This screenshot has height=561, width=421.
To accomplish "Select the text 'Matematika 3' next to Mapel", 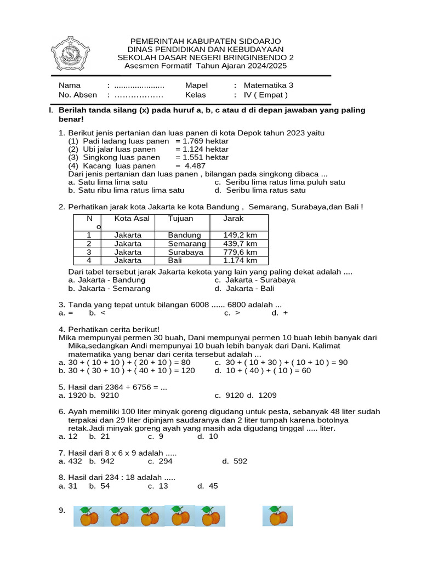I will point(269,85).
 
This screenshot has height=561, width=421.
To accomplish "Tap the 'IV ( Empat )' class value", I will point(265,95).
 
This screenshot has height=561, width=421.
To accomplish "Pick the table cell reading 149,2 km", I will point(240,235).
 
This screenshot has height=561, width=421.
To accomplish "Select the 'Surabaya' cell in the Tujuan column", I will point(186,253).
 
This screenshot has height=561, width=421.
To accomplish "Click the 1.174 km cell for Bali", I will point(240,261).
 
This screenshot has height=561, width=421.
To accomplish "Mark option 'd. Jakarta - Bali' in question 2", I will point(244,288).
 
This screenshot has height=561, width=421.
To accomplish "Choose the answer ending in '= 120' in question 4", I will point(127,370).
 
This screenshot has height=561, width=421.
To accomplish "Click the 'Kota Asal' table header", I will point(132,219).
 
